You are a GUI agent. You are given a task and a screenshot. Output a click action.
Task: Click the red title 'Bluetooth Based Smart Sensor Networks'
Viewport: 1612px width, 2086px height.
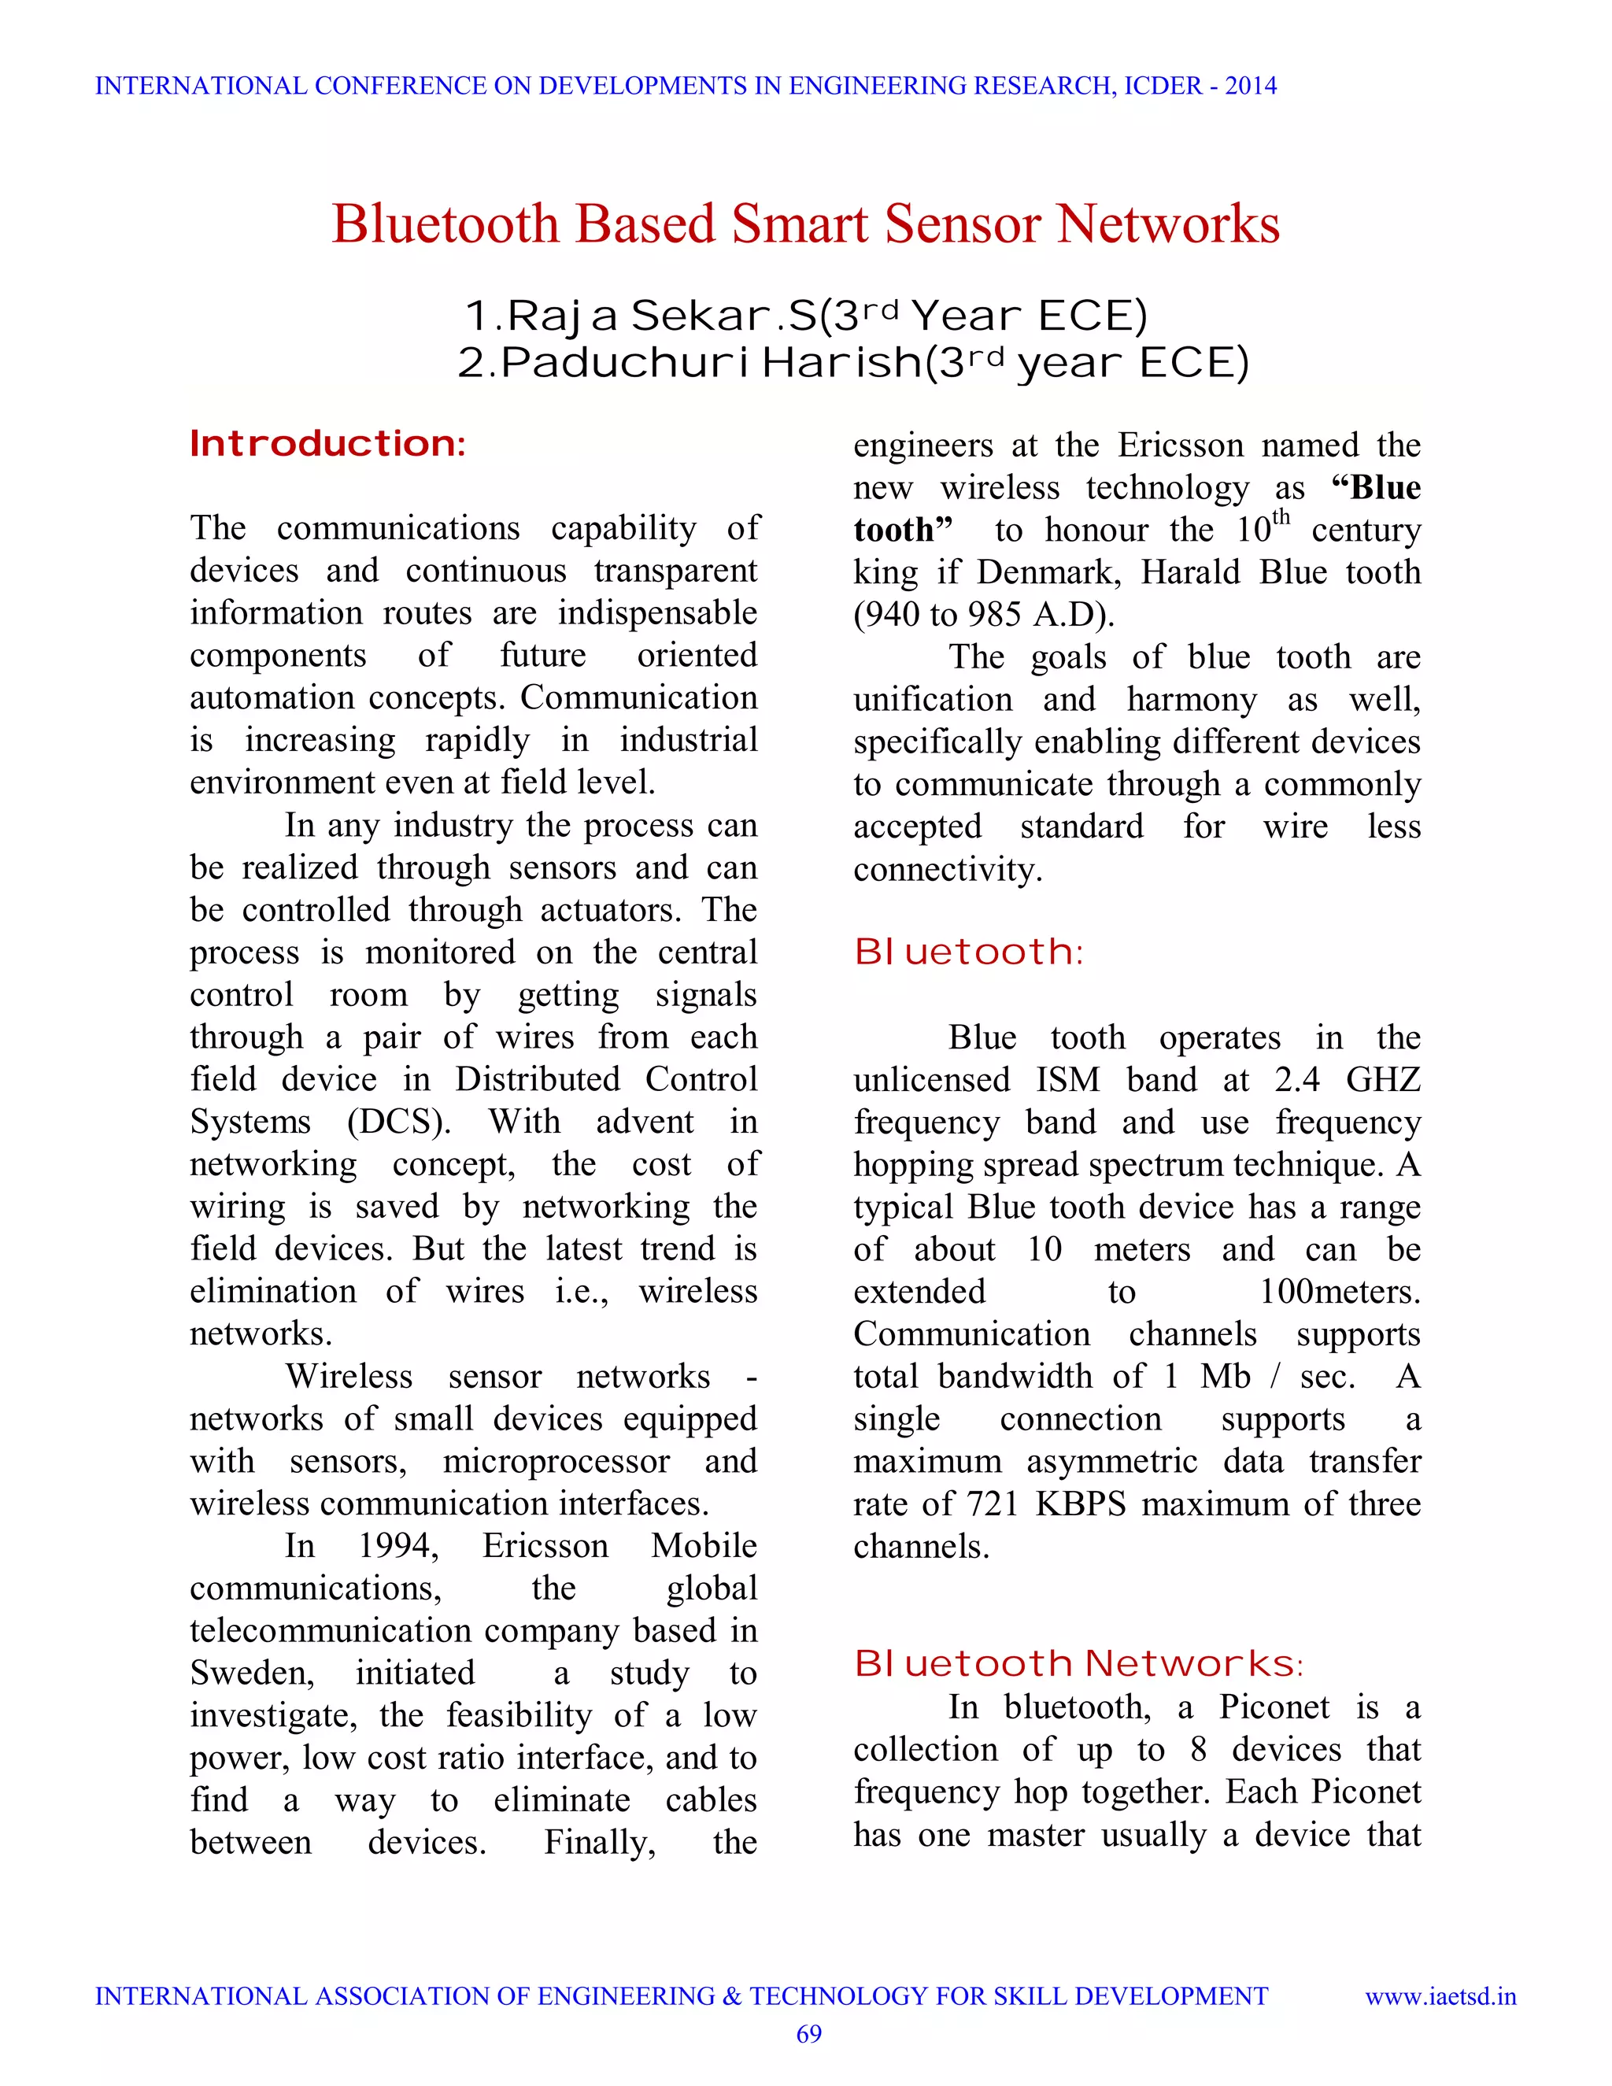805,224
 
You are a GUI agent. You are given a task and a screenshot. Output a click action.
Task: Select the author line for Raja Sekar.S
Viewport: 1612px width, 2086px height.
805,316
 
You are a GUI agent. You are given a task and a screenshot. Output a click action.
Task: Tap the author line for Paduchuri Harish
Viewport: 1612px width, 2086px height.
852,364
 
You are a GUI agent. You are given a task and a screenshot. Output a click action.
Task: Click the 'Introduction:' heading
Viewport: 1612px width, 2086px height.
327,444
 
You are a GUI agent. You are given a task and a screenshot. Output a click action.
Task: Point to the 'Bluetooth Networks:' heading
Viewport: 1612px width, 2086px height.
1078,1664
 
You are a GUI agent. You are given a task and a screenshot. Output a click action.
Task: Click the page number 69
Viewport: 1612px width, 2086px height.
808,2034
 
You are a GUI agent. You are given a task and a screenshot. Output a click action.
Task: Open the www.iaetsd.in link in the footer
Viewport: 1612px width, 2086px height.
1440,1996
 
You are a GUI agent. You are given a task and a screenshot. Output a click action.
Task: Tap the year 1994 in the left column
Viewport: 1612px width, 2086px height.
397,1545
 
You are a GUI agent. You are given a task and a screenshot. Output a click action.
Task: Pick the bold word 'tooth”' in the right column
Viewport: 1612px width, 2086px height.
903,530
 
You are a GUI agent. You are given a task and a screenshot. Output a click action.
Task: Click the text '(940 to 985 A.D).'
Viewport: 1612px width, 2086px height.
984,614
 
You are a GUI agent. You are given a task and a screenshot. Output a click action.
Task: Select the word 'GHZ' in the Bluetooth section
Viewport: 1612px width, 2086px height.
1383,1079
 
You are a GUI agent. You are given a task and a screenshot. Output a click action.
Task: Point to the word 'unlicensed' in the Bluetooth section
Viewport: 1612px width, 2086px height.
931,1079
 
